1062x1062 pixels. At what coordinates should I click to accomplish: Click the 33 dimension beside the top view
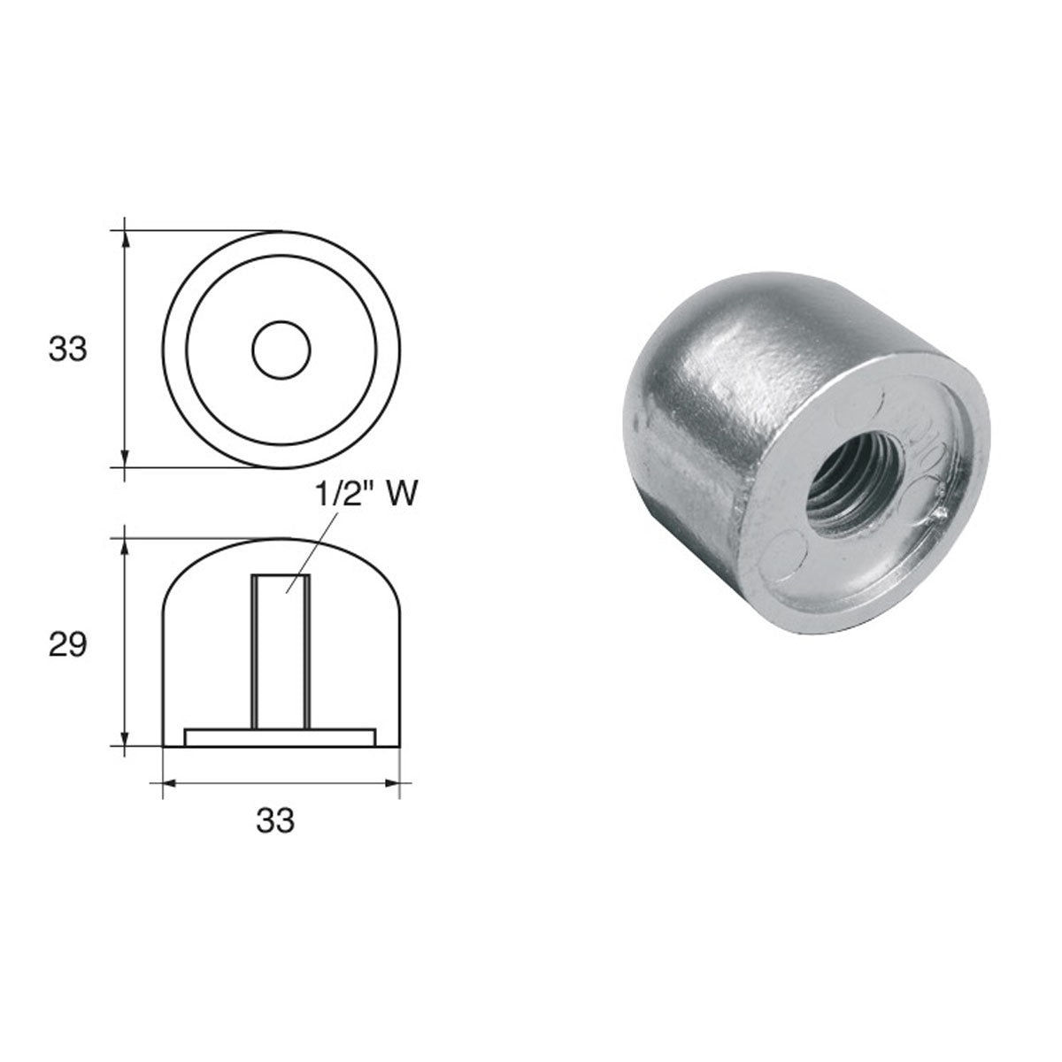coord(68,350)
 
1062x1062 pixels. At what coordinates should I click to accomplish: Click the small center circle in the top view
coord(281,350)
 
